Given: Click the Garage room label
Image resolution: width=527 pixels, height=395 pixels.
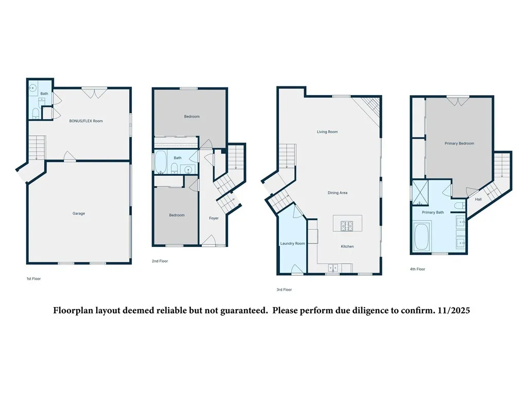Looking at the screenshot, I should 79,213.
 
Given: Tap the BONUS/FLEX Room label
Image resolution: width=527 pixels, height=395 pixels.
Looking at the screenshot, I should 86,121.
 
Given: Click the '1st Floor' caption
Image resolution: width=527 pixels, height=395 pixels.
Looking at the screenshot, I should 33,279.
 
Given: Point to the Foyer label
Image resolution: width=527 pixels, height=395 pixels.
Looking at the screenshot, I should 214,218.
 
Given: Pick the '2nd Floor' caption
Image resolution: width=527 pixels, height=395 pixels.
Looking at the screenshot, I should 160,261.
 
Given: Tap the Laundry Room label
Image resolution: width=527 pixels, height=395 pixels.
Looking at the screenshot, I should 292,243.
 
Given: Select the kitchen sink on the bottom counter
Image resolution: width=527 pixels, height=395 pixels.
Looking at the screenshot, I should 333,267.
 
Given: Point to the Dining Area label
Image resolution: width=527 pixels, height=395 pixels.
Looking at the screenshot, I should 338,193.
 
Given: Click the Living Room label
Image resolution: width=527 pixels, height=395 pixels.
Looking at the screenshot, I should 327,132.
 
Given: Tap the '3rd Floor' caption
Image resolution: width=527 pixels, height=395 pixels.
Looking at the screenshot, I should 284,290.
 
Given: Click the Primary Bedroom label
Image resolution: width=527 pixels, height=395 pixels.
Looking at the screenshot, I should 459,143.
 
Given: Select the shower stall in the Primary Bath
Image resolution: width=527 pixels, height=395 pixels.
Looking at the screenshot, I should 421,192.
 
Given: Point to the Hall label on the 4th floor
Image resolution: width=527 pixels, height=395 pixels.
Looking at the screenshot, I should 478,199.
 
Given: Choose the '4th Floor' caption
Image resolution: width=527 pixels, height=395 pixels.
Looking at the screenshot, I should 417,269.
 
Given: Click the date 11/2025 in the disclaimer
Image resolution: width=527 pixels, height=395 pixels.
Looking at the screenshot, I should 456,311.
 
